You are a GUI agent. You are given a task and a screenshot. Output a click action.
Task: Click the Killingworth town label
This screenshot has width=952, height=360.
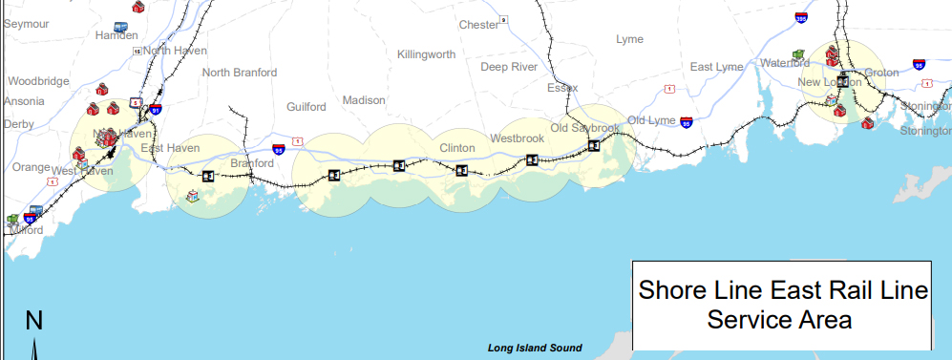(x=426, y=54)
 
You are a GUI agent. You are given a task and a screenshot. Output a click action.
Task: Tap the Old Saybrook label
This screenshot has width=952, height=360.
(x=585, y=128)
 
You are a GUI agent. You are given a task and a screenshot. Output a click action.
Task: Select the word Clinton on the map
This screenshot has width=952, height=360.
(x=456, y=148)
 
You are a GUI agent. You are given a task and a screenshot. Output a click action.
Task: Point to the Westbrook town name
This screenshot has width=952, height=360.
(x=517, y=138)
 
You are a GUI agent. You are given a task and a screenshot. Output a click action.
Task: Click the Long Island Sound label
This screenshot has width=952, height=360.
(x=534, y=349)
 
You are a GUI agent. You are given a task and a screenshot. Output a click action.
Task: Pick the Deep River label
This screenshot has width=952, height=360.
(x=509, y=67)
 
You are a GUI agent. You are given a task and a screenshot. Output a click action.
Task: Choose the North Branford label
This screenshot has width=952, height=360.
(x=240, y=73)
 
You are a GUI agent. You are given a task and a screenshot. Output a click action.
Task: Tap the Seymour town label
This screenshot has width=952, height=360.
(x=26, y=25)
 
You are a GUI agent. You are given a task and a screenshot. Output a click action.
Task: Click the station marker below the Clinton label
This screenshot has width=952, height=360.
(x=462, y=171)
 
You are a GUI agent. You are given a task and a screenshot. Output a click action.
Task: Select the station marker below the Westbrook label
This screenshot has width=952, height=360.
(x=532, y=159)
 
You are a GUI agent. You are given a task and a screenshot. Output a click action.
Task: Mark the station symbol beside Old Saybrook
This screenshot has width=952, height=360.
(x=593, y=145)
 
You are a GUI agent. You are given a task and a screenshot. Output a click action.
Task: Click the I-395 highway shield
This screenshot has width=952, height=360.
(x=800, y=17)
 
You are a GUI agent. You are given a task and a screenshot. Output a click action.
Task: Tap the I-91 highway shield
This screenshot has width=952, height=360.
(x=155, y=110)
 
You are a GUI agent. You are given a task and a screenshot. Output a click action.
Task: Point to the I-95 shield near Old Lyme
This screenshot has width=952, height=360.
(x=686, y=123)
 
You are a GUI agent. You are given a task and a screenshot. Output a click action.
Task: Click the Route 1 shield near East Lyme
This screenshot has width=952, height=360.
(x=669, y=89)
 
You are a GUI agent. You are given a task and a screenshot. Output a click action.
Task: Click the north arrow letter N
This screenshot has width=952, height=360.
(x=33, y=321)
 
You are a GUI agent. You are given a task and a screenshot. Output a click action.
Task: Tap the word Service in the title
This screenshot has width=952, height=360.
(x=751, y=319)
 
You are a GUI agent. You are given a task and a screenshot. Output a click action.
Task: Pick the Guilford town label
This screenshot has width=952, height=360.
(x=307, y=107)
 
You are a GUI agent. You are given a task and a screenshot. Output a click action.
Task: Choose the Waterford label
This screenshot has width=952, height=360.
(x=785, y=63)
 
